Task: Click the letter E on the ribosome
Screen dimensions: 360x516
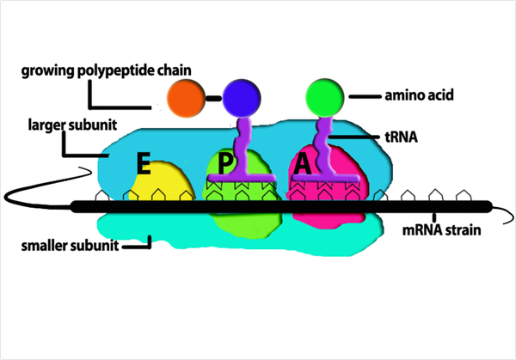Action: coord(143,163)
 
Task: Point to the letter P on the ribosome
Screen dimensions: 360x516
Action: coord(224,163)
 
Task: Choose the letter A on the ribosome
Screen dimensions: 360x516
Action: coord(302,164)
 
